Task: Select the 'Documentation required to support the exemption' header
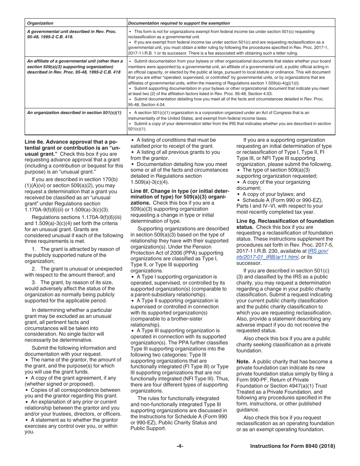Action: pyautogui.click(x=179, y=23)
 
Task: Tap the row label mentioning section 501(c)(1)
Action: pyautogui.click(x=74, y=113)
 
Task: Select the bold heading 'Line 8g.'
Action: pyautogui.click(x=248, y=221)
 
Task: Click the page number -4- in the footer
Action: pyautogui.click(x=180, y=446)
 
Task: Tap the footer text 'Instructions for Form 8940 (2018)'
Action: pyautogui.click(x=293, y=446)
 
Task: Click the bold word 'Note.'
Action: pyautogui.click(x=243, y=361)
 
